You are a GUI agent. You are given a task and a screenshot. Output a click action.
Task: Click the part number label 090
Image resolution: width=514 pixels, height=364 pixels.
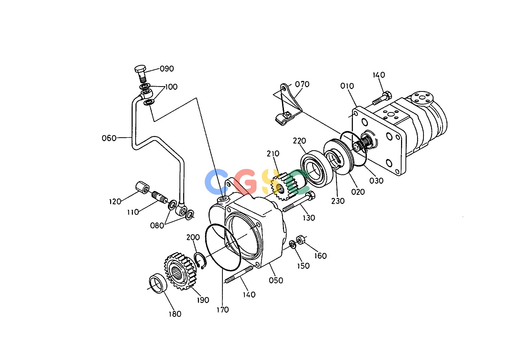167,69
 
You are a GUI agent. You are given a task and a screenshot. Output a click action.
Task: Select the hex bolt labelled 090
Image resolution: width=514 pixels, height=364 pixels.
141,73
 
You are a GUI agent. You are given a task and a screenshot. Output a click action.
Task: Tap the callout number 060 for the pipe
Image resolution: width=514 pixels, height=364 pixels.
109,138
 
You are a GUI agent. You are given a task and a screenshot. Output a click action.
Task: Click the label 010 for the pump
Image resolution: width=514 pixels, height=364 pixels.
347,86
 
